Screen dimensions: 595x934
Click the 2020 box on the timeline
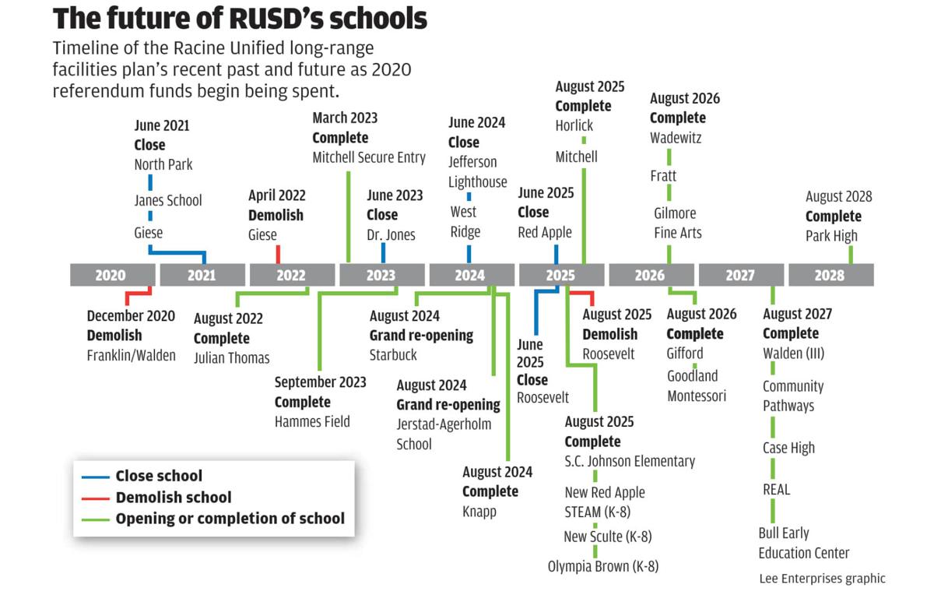[111, 275]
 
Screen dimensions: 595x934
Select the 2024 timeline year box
[470, 275]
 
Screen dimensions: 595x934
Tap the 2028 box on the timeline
[830, 275]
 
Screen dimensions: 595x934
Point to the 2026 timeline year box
[650, 275]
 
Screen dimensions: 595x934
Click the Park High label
[831, 236]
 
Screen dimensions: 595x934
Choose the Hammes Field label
[312, 421]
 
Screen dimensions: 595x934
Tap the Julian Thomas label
[232, 358]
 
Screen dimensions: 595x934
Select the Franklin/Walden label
[131, 355]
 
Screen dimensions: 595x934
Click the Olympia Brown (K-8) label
[602, 566]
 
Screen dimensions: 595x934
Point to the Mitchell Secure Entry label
[369, 157]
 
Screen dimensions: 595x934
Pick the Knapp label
[479, 512]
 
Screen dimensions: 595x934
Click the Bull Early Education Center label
[804, 543]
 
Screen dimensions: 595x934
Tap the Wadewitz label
[676, 138]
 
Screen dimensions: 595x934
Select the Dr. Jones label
[391, 234]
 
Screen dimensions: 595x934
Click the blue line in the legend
[94, 477]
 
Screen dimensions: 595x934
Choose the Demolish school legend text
[173, 497]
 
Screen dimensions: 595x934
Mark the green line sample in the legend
[94, 519]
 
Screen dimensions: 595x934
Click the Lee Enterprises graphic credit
[822, 578]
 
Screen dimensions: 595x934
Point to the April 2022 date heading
[277, 195]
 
